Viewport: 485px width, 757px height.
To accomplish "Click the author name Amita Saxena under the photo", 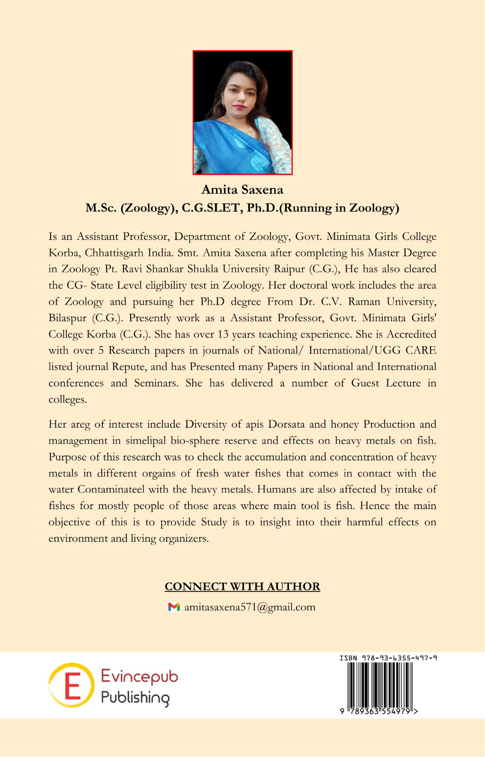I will [x=242, y=190].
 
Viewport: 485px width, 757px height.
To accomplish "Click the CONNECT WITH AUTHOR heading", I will [x=242, y=587].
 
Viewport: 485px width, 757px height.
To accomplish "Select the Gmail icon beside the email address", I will [x=174, y=607].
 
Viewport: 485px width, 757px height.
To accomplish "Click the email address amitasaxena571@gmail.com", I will [x=250, y=607].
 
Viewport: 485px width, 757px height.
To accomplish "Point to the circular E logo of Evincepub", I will [x=72, y=685].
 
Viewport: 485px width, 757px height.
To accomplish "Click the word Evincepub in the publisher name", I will [x=140, y=677].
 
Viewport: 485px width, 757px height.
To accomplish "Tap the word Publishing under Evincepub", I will [x=135, y=697].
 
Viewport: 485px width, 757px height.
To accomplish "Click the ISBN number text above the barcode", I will [x=388, y=658].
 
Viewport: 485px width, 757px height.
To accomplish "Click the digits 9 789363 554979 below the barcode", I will [x=379, y=711].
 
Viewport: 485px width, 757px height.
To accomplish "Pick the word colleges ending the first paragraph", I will [x=67, y=399].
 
